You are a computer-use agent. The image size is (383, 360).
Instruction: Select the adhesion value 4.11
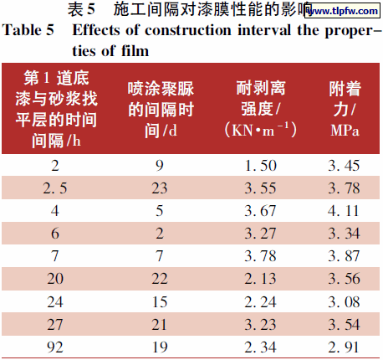[345, 210]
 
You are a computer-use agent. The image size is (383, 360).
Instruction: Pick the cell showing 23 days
[160, 188]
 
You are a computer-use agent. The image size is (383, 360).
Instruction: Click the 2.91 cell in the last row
[345, 346]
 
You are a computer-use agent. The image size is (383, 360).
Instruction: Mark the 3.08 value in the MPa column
[345, 301]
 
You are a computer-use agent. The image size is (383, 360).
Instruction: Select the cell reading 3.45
[345, 166]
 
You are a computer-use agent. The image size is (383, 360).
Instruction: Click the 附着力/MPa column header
[345, 109]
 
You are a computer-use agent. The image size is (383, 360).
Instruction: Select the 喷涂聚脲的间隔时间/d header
[160, 109]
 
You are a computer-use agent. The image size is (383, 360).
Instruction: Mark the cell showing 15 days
[160, 301]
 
